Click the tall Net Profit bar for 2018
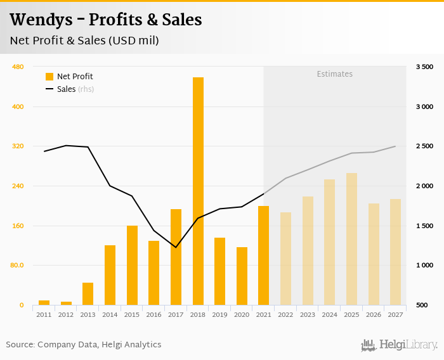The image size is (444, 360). point(198,191)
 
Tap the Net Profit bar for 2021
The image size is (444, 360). point(263,255)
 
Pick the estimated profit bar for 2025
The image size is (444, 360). point(351,239)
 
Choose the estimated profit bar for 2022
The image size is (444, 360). point(285,259)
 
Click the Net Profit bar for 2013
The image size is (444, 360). point(88,293)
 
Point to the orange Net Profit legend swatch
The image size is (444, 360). point(49,77)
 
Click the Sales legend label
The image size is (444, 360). point(67,89)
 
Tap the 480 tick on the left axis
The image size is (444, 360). point(18,67)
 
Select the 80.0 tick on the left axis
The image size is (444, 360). point(16,266)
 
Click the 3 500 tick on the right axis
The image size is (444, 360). point(424,67)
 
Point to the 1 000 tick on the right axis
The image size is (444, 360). point(424,266)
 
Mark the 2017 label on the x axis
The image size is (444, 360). point(176,314)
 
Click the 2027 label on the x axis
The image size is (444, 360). point(395,314)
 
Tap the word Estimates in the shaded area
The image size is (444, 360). point(334,74)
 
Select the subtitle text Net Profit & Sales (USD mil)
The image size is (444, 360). point(84,41)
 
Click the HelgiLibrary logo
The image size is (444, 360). point(399,345)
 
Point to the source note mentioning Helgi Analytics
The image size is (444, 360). point(84,345)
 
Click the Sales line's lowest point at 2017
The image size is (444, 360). point(176,247)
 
